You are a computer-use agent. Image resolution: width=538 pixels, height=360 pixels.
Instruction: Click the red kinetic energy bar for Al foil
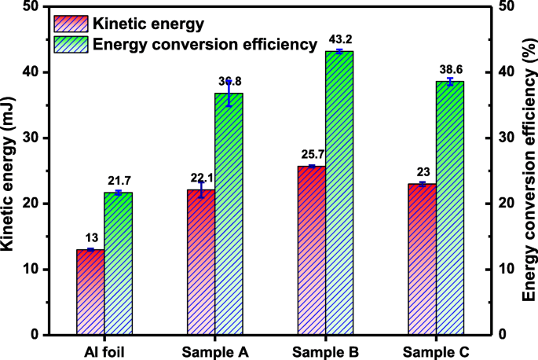tap(90, 292)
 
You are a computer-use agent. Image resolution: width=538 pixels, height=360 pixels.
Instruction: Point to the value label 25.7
tap(311, 155)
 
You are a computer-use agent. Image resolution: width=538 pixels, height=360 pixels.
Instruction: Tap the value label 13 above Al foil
tap(90, 238)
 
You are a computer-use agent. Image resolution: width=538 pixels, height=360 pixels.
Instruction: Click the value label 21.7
tap(119, 182)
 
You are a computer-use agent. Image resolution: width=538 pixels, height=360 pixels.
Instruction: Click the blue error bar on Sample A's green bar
tap(229, 93)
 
